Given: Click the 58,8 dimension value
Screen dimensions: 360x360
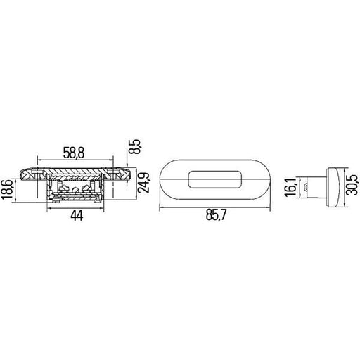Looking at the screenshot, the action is pos(74,153).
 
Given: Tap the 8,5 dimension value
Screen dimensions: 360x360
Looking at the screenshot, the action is pos(135,146).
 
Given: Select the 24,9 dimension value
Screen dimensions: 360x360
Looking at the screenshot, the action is pos(143,183).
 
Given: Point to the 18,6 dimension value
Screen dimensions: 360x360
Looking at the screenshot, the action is pos(7,189).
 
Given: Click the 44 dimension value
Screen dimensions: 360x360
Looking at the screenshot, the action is pos(77,216).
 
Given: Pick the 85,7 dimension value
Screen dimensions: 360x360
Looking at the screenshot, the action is pos(216,215).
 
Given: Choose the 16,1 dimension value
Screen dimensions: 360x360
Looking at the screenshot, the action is pos(290,187).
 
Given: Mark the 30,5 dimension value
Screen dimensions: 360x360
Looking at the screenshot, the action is pos(353,185).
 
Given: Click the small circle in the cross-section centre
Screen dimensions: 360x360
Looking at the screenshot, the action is pos(75,190).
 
